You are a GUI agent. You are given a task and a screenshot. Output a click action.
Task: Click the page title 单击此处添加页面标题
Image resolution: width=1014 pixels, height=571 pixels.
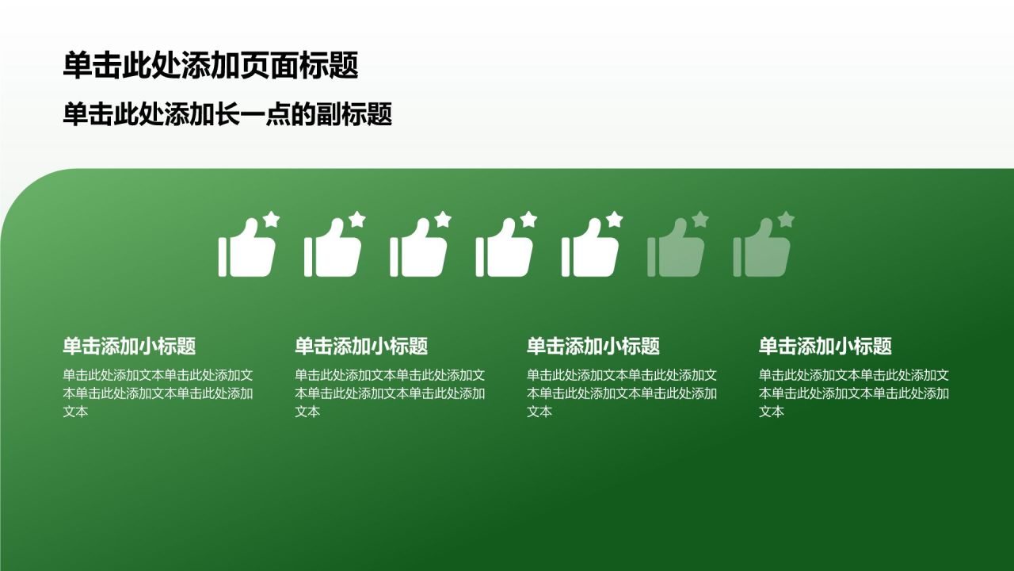tap(211, 66)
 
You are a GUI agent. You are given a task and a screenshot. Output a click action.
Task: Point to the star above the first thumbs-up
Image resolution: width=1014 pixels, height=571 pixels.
tap(272, 220)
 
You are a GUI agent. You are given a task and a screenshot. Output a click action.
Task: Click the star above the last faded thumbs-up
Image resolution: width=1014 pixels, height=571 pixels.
tap(787, 220)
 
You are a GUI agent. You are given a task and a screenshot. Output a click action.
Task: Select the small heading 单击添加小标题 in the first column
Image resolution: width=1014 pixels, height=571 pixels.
tap(129, 346)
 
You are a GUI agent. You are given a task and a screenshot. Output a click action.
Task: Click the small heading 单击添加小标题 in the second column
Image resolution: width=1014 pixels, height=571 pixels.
tap(361, 346)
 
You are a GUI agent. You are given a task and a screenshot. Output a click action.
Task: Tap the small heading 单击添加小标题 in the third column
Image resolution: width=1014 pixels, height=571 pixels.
tap(593, 346)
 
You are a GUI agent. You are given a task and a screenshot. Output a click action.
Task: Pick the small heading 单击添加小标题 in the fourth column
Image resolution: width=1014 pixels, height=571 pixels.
tap(825, 346)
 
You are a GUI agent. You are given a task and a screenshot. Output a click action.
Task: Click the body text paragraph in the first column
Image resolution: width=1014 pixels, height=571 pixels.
tap(158, 393)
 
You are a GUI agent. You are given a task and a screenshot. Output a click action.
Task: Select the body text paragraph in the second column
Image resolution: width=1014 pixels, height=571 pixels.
tap(390, 393)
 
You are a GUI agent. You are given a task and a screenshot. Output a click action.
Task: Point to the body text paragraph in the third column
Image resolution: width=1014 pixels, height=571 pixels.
tap(622, 393)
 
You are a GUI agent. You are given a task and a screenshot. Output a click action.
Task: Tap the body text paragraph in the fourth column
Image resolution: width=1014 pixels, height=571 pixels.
tap(854, 393)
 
